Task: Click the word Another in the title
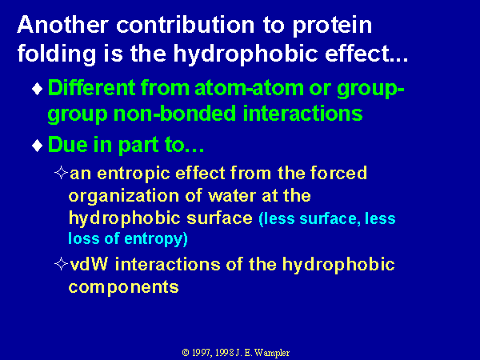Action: [x=62, y=25]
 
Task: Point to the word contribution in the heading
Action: [x=186, y=25]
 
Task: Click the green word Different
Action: [x=91, y=88]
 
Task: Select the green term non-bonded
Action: [x=174, y=114]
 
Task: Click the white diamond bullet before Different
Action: [x=38, y=89]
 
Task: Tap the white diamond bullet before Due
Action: [x=38, y=146]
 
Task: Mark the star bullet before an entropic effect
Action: [x=61, y=172]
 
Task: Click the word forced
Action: [x=338, y=173]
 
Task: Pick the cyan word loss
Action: [x=83, y=238]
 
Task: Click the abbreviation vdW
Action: [x=89, y=264]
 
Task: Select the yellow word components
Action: [x=124, y=288]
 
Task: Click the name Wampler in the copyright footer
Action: [x=272, y=353]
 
